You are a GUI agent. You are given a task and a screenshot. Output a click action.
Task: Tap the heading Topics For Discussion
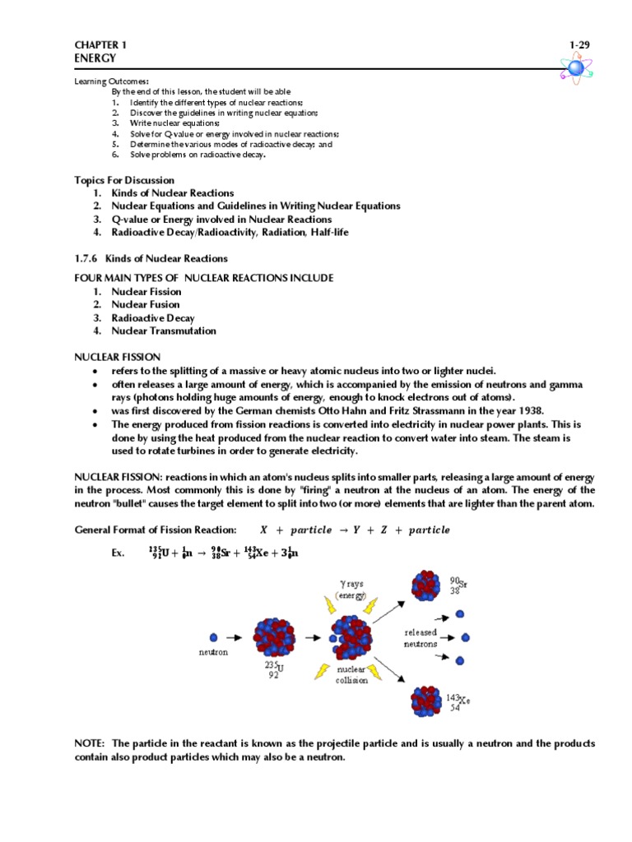tap(124, 179)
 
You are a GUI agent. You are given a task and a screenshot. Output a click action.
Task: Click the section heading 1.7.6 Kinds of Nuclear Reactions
tap(151, 258)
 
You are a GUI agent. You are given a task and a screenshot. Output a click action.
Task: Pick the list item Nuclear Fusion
tap(146, 304)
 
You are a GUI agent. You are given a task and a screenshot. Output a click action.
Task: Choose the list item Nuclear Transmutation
tap(164, 331)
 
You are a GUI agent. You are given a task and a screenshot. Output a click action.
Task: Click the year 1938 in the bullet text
tap(531, 410)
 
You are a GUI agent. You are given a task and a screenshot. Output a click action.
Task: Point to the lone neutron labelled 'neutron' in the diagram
tap(214, 636)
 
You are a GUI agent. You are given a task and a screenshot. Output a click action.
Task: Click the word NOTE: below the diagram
tap(90, 743)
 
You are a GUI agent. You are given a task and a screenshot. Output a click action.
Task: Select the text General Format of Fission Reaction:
tap(156, 530)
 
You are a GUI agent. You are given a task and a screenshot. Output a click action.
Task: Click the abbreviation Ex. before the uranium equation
tap(118, 553)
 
